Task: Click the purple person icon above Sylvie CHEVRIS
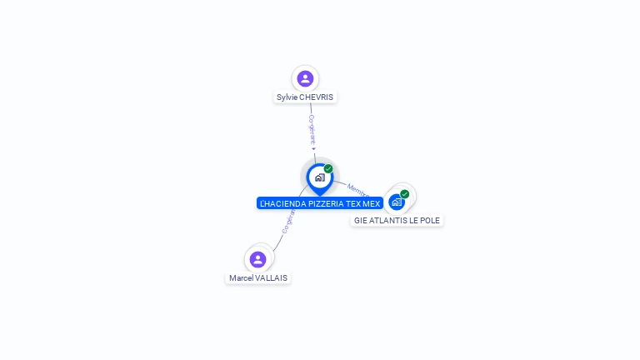305,78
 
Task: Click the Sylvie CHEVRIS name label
305,97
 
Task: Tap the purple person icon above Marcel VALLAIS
257,259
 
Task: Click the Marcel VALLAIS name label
258,278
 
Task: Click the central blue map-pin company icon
318,177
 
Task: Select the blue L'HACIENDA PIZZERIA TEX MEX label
320,203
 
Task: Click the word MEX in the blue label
372,203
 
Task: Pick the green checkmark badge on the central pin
328,168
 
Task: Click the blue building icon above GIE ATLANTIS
397,202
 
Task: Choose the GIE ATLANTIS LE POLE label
397,221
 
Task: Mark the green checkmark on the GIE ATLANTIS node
405,194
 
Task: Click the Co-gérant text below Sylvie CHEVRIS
312,131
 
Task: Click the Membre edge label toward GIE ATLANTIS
357,190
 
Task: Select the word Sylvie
287,97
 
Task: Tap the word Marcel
241,278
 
